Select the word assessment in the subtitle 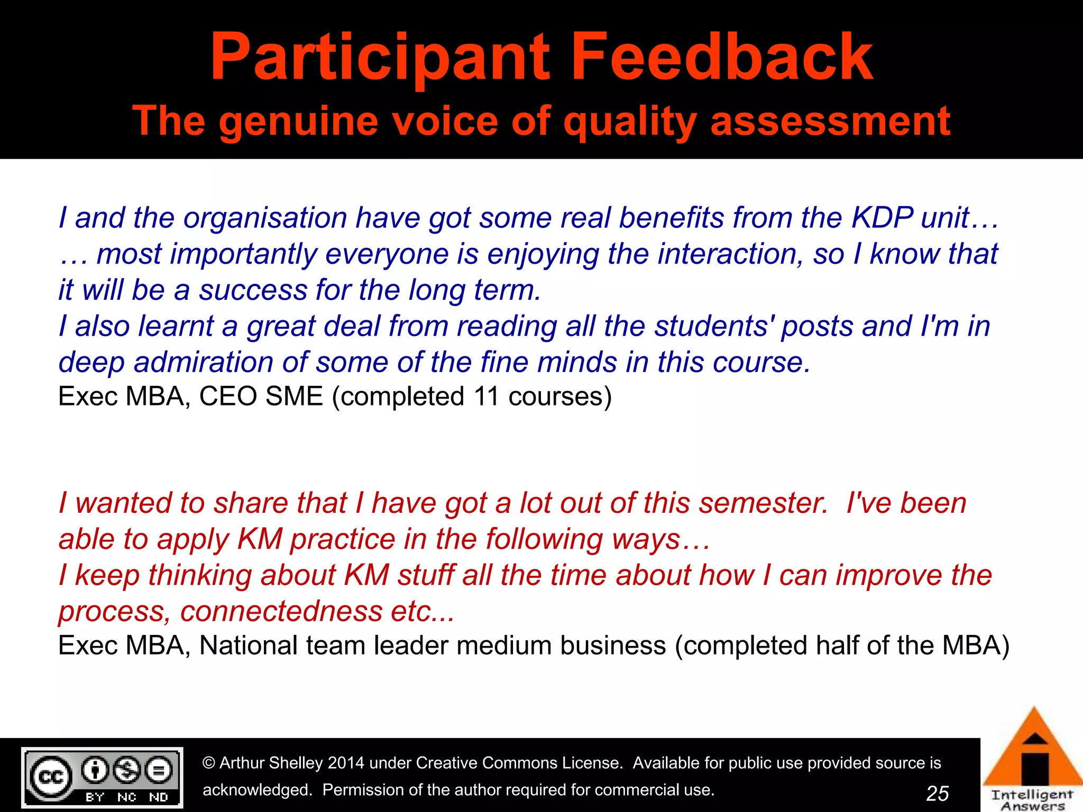click(x=830, y=122)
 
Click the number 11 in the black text click(x=486, y=396)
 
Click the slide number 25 click(x=938, y=793)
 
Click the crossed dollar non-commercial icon click(x=127, y=770)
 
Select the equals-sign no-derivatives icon click(x=159, y=770)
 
